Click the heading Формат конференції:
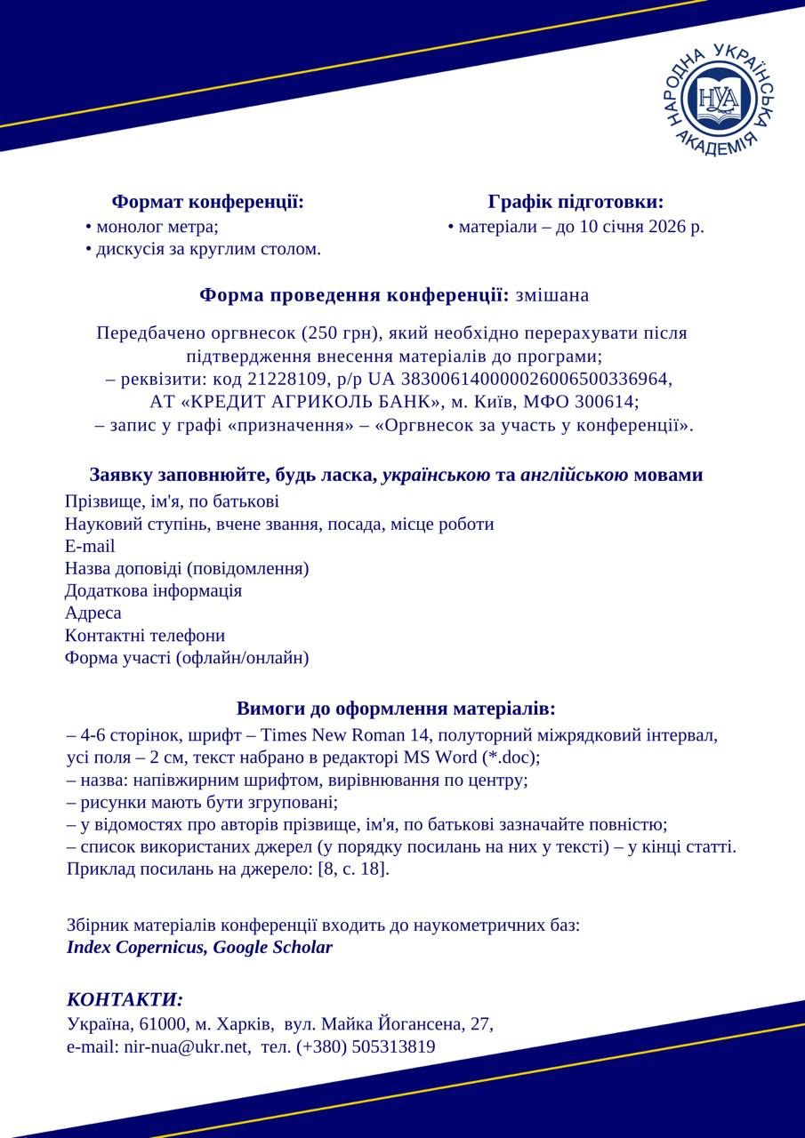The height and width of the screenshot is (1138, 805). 208,203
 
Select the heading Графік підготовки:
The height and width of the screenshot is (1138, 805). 576,203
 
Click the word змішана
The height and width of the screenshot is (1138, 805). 551,295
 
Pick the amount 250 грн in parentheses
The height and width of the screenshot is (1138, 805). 342,333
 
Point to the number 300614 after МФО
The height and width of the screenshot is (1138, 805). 608,402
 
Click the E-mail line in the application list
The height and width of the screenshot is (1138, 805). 90,546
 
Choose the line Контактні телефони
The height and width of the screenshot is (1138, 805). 145,636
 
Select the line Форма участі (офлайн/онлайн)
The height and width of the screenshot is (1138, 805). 187,658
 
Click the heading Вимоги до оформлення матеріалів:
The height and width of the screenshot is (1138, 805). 396,709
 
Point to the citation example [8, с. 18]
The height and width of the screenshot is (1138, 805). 353,869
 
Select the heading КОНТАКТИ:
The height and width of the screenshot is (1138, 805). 125,999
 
